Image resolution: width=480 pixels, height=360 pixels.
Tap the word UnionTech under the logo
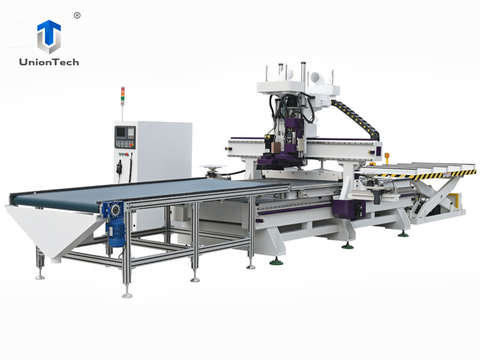(x=49, y=62)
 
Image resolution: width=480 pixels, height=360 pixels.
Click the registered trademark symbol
(x=77, y=15)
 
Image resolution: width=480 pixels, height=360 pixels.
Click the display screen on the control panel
(x=122, y=131)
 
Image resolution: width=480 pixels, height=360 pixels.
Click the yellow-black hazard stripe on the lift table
(x=420, y=175)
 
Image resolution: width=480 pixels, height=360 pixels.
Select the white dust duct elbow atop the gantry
(x=315, y=77)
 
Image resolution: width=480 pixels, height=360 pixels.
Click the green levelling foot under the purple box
(x=348, y=245)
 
